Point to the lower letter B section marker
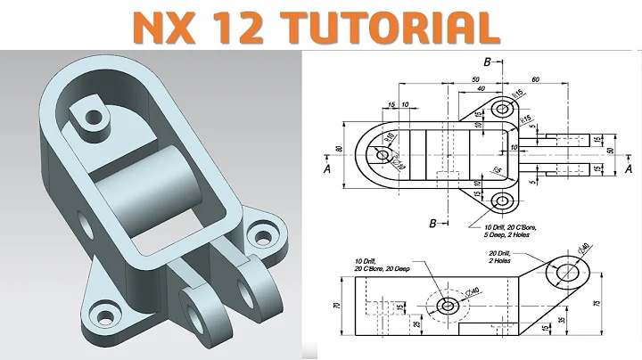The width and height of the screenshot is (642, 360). pyautogui.click(x=432, y=222)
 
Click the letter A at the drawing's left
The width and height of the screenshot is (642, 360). pyautogui.click(x=329, y=167)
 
